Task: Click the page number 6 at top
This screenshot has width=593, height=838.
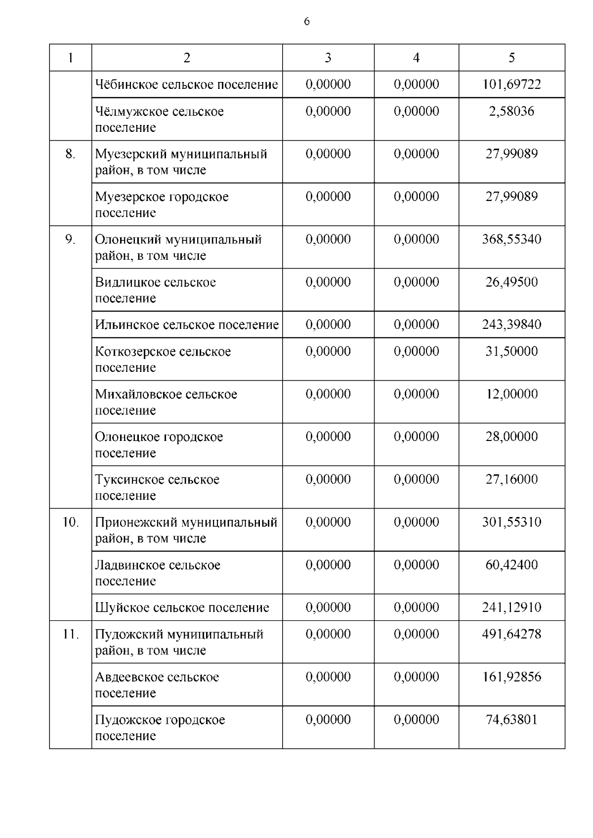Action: [x=307, y=22]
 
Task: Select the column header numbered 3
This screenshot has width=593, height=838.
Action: [x=328, y=58]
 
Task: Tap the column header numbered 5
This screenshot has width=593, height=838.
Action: [x=511, y=58]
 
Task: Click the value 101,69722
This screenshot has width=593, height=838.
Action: [x=511, y=84]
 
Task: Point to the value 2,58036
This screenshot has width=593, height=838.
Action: [x=511, y=111]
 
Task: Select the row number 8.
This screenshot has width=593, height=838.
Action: [x=70, y=154]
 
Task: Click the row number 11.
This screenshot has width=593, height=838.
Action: [x=70, y=634]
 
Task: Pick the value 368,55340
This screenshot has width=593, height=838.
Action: [x=511, y=239]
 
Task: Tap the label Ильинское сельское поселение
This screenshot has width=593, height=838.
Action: [x=187, y=325]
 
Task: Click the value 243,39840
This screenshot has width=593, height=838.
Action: [x=511, y=325]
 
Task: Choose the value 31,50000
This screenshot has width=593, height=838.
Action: [x=511, y=352]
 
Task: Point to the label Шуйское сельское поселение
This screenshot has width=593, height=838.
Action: [x=182, y=608]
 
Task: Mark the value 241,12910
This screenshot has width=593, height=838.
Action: [x=511, y=608]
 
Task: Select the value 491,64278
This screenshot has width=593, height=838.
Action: [x=511, y=634]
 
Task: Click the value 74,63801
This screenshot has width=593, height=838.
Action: [x=511, y=719]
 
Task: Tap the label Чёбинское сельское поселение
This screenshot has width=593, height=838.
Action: [x=186, y=84]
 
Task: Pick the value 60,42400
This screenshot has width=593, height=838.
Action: [x=511, y=565]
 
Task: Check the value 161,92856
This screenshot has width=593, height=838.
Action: [x=511, y=677]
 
